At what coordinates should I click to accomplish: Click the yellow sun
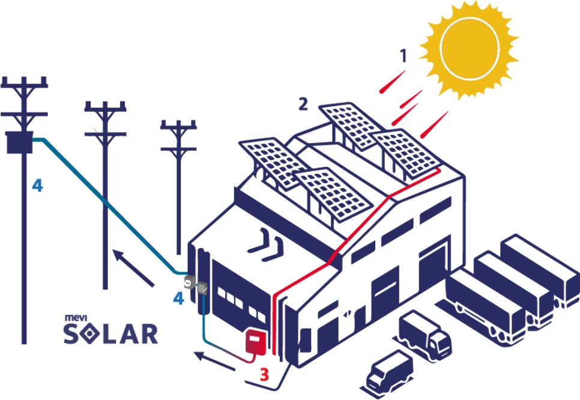pyautogui.click(x=470, y=49)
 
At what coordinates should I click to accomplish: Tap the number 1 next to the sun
pyautogui.click(x=403, y=56)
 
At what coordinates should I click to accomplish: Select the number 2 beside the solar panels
pyautogui.click(x=303, y=105)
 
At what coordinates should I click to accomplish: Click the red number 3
pyautogui.click(x=264, y=374)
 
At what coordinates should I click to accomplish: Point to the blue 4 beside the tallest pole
pyautogui.click(x=37, y=185)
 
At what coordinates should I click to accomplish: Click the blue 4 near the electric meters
pyautogui.click(x=179, y=298)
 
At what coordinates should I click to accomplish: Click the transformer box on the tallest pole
pyautogui.click(x=20, y=142)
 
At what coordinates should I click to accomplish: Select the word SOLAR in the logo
pyautogui.click(x=110, y=334)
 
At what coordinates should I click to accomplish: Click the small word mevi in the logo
pyautogui.click(x=76, y=318)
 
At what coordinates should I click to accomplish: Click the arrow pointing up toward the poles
pyautogui.click(x=133, y=268)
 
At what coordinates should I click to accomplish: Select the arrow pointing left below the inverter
pyautogui.click(x=214, y=361)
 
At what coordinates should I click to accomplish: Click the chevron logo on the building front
pyautogui.click(x=267, y=245)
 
